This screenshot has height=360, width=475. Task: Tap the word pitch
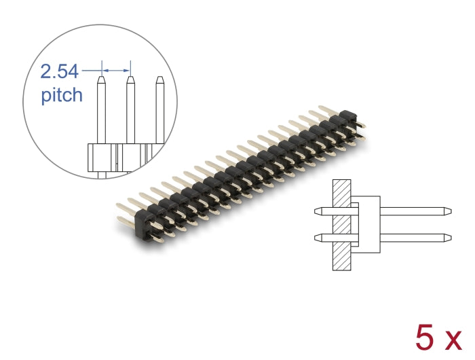(62, 95)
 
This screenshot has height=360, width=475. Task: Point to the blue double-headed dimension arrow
(115, 69)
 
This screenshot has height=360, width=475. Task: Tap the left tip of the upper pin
(317, 211)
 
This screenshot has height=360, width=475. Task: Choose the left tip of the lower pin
(317, 237)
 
